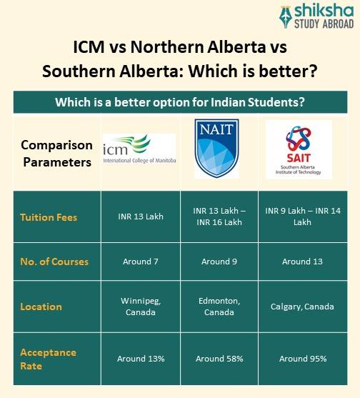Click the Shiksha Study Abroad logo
315,16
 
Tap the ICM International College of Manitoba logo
139,151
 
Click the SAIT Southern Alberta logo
298,149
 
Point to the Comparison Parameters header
56,153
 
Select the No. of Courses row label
54,262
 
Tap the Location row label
41,307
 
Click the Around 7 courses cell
141,262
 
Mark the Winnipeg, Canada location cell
141,307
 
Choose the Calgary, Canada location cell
302,307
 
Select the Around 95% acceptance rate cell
303,359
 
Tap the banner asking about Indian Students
180,102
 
